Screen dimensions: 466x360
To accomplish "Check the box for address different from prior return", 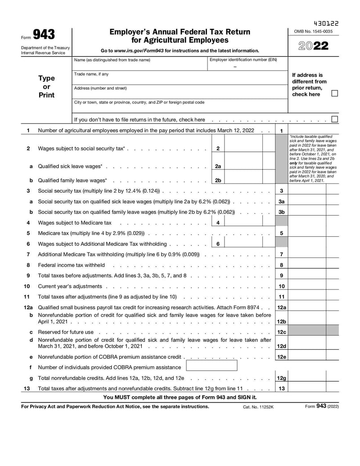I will point(334,94).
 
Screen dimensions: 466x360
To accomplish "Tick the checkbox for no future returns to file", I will point(334,119).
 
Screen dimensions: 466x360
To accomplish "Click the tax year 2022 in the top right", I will point(313,46).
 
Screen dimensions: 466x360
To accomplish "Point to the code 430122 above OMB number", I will point(326,23).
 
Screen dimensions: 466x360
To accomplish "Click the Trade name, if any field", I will point(180,79).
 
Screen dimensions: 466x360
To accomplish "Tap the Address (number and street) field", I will point(180,94).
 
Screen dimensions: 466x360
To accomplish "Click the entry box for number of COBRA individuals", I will point(211,366).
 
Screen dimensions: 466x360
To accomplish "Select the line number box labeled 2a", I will point(218,166).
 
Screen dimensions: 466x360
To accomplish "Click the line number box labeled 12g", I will point(282,378).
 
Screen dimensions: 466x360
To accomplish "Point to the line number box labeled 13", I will point(282,388).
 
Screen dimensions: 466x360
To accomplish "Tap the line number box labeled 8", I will point(282,265).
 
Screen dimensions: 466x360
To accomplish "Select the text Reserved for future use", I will point(66,332).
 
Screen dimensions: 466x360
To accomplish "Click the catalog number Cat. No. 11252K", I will point(258,407).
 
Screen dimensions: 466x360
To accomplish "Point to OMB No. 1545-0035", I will point(313,31).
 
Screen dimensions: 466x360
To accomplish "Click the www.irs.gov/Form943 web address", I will point(138,51).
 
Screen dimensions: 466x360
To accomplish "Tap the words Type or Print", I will point(46,86).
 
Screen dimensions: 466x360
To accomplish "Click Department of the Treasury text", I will point(45,48).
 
